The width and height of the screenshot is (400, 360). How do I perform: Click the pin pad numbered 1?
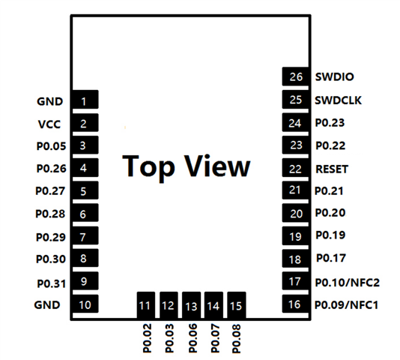(x=85, y=100)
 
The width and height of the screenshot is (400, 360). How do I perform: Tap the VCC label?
(x=49, y=124)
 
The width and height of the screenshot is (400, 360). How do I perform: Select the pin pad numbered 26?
(x=295, y=76)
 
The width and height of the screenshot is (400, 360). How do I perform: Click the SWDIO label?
(x=334, y=76)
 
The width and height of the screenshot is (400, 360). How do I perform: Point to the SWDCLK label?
(x=339, y=100)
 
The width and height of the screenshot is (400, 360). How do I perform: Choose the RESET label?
(x=332, y=169)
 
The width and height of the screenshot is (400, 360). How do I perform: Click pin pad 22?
(x=295, y=167)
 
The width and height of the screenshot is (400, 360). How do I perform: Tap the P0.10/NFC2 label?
(x=348, y=283)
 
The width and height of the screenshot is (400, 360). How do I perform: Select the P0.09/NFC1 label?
(x=346, y=304)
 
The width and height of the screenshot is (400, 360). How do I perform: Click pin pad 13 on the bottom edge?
(x=191, y=305)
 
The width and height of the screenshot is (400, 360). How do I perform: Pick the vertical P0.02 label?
(x=148, y=338)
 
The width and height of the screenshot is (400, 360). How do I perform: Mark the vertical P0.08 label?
(x=237, y=338)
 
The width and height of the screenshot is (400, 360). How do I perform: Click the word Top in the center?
(x=149, y=166)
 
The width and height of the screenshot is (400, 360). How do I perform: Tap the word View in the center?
(x=217, y=166)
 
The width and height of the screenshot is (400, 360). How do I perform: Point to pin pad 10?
(x=85, y=304)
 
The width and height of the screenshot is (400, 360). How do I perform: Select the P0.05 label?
(x=51, y=146)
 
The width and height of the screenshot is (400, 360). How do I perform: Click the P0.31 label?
(x=52, y=283)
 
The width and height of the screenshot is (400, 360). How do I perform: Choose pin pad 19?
(x=295, y=235)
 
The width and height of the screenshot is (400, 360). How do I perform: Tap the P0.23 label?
(x=330, y=123)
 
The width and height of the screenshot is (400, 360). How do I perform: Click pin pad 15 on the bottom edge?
(x=237, y=305)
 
